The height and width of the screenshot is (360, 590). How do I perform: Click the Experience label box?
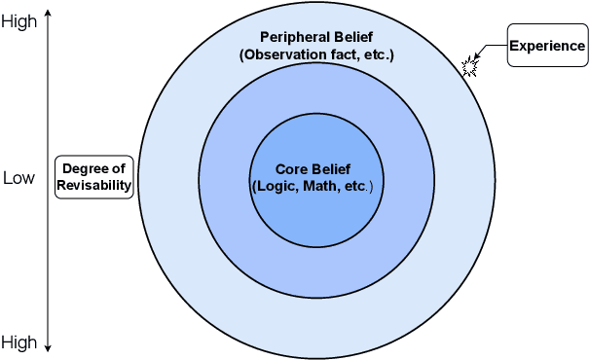(x=548, y=46)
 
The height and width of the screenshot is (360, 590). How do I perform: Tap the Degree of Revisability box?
(x=93, y=177)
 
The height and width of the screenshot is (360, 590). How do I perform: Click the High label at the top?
(x=19, y=21)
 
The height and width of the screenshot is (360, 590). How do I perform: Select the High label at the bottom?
(x=19, y=342)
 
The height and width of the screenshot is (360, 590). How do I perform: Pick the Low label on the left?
(x=18, y=178)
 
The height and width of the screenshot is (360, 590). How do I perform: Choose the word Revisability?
(x=93, y=185)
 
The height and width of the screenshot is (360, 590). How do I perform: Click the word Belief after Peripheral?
(x=352, y=37)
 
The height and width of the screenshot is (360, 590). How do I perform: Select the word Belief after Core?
(x=329, y=167)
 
